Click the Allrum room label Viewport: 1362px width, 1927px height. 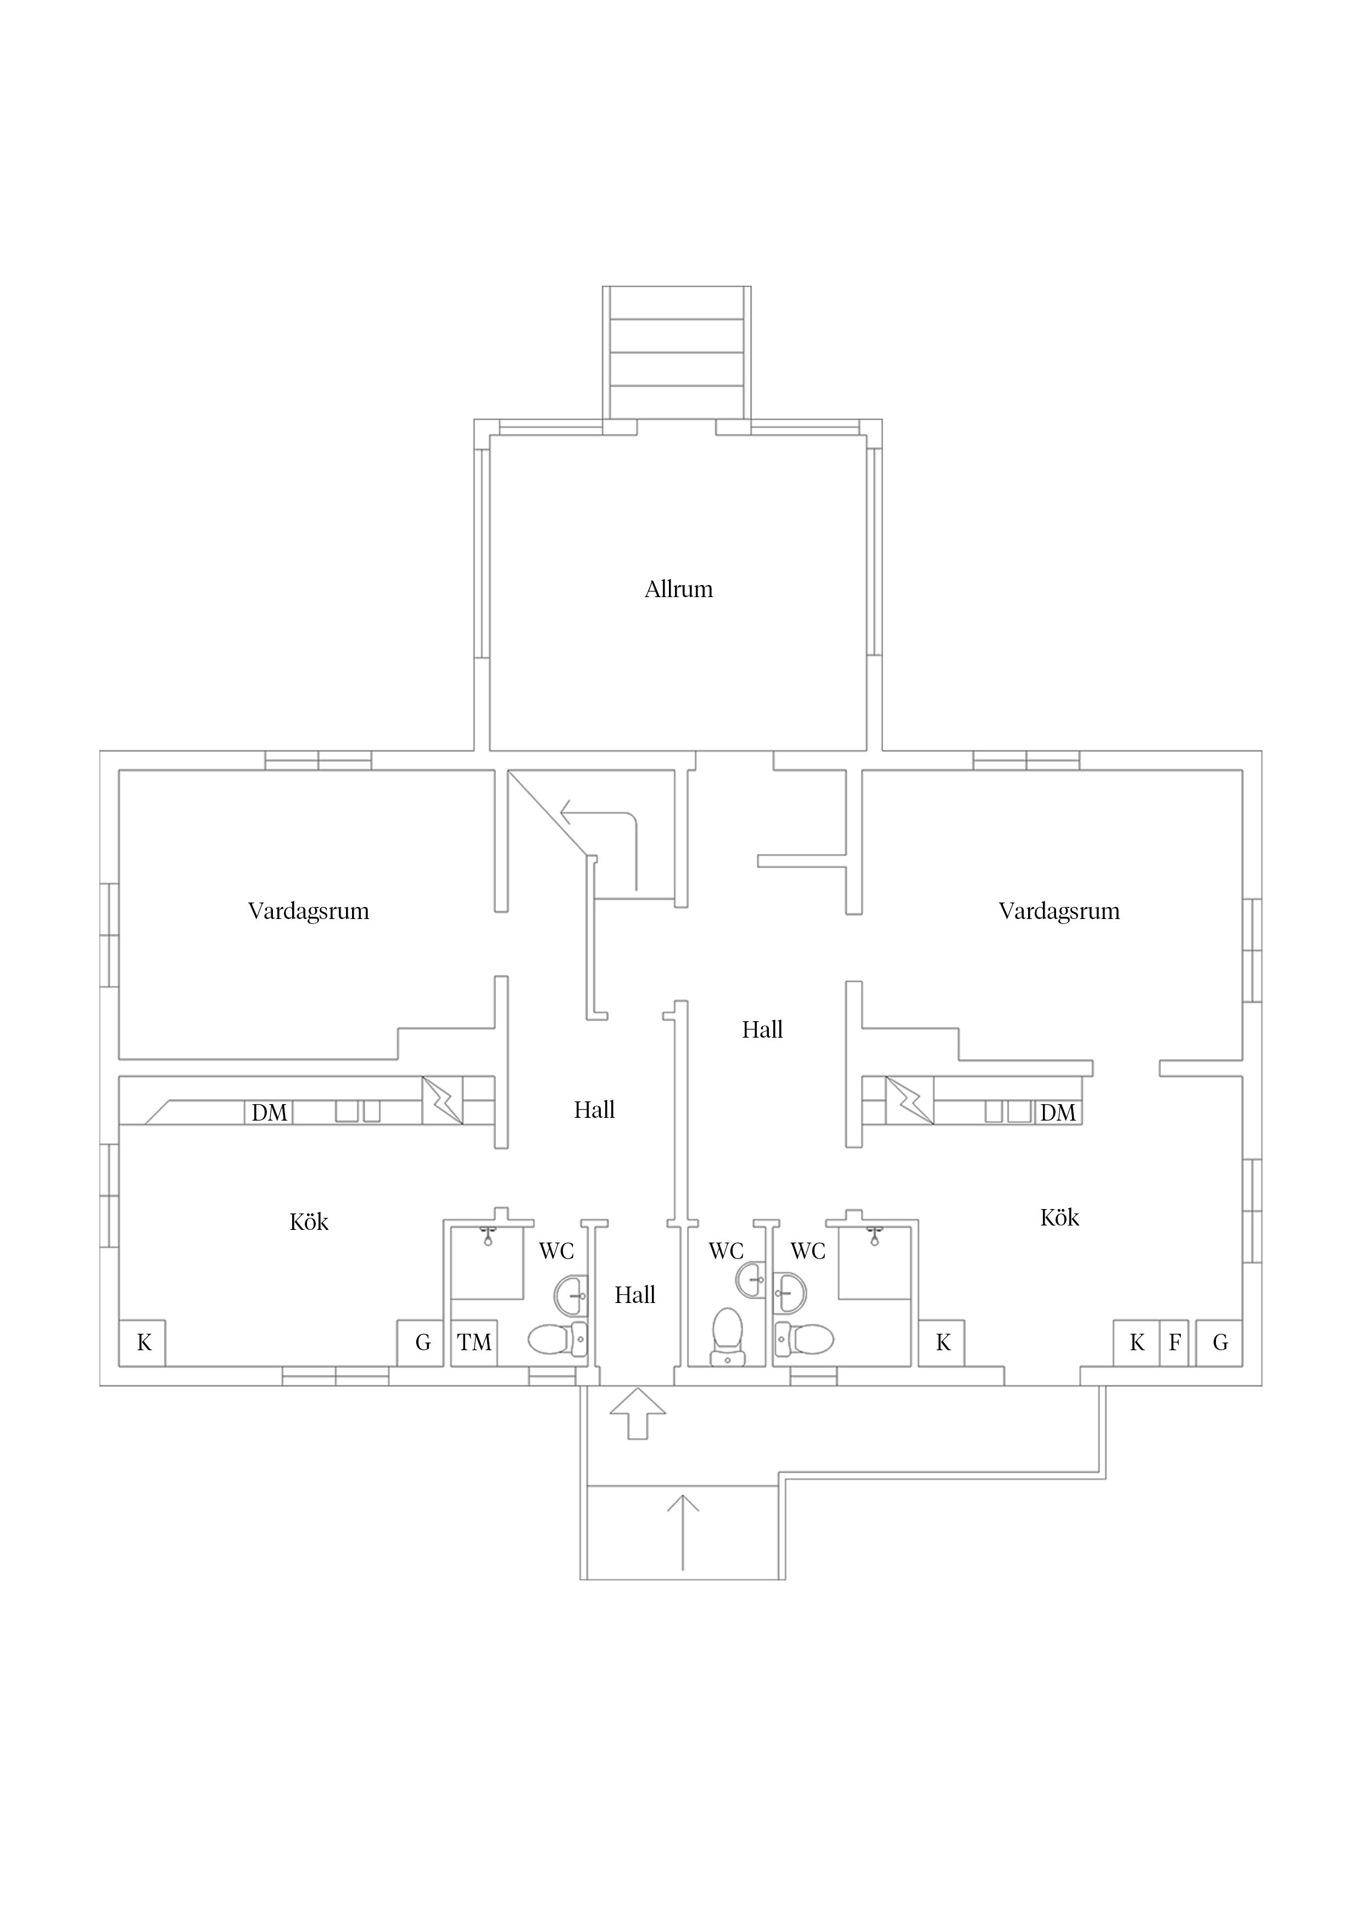pos(678,589)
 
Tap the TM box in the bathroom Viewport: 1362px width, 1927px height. pos(474,1343)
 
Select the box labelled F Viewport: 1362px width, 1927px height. pos(1174,1343)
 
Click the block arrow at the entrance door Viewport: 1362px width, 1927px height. pos(638,1414)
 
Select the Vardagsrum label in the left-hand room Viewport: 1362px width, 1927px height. pos(309,911)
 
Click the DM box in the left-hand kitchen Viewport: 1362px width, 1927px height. pos(269,1113)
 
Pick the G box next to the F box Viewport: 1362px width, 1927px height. pos(1219,1343)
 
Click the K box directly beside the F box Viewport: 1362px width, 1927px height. pos(1136,1343)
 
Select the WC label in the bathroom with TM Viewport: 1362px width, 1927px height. pos(556,1251)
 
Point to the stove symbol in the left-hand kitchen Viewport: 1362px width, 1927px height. pos(442,1100)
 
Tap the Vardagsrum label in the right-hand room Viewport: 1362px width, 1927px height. pos(1059,911)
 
